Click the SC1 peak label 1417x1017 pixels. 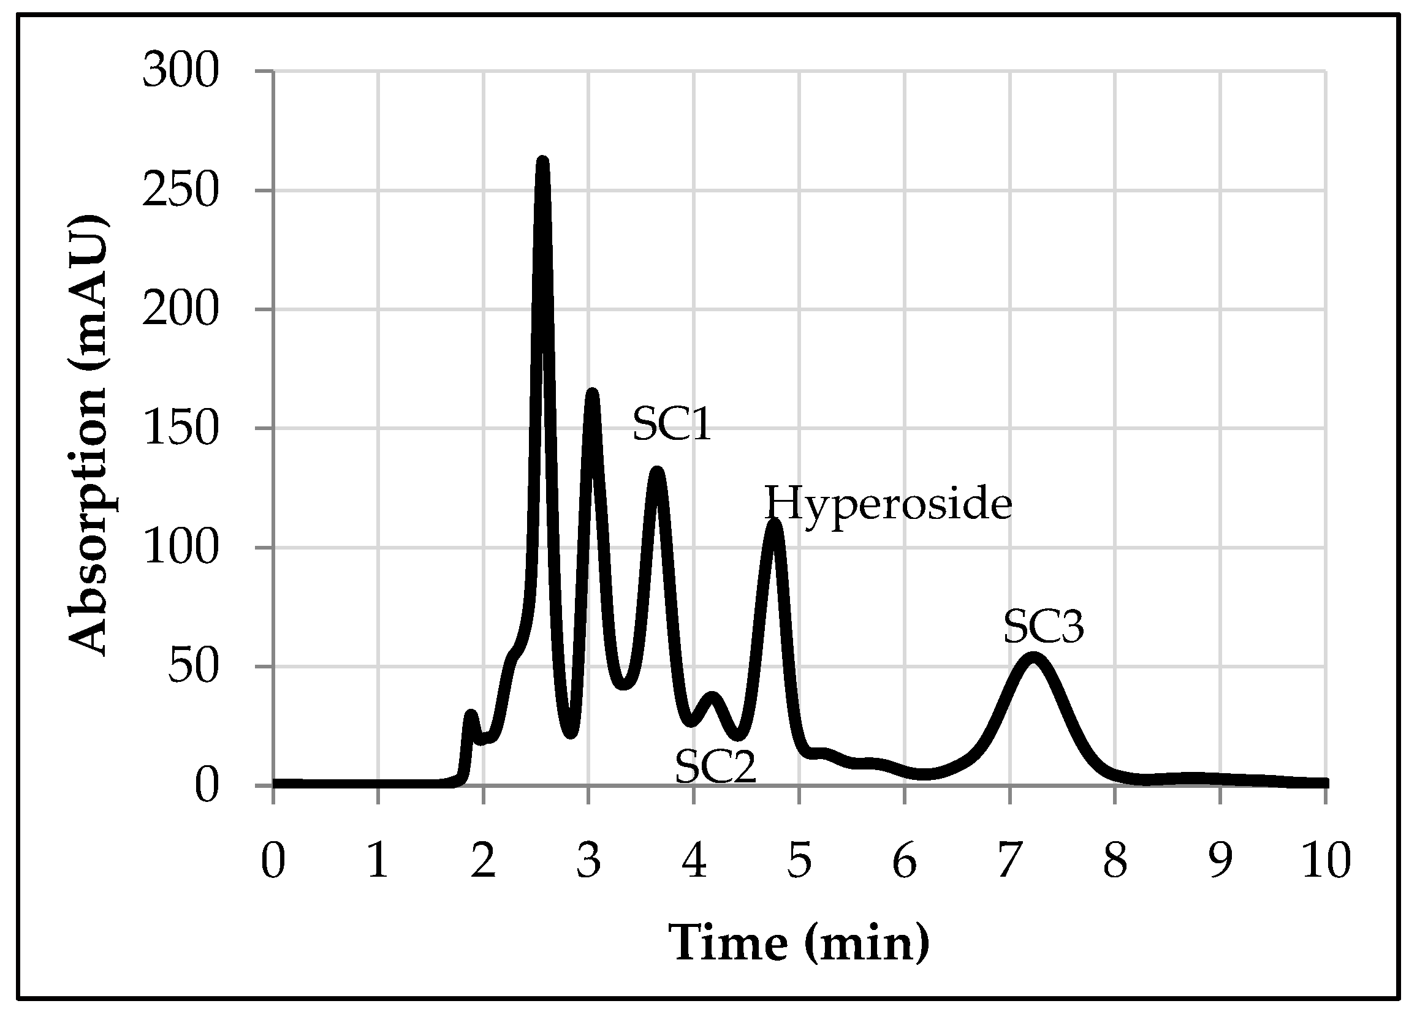[672, 424]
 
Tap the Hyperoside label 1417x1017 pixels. [888, 505]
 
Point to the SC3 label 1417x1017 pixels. [1043, 627]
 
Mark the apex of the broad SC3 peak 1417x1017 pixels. [1033, 657]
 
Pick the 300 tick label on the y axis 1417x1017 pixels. [181, 70]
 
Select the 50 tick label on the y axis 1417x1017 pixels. [193, 667]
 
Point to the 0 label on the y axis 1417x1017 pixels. [206, 786]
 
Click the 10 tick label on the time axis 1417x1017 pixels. [1326, 860]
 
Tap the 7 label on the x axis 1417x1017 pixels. [1009, 860]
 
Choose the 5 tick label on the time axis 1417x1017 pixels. [799, 860]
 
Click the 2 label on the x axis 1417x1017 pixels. [483, 860]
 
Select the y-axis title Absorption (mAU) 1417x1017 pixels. [88, 436]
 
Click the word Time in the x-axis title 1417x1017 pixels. [728, 943]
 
